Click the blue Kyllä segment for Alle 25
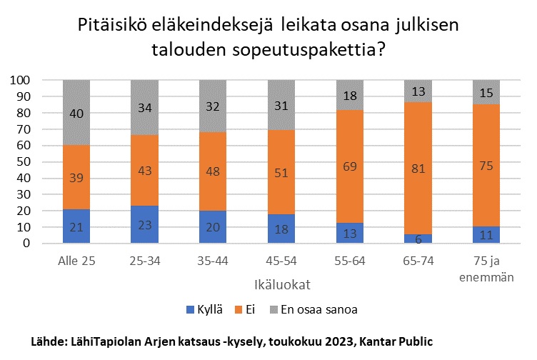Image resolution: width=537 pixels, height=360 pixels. pos(76,226)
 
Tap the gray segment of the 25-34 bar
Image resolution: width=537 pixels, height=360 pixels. pos(144,108)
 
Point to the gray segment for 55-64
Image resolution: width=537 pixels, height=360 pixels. pos(351,95)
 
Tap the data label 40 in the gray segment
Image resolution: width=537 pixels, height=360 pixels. pos(76,112)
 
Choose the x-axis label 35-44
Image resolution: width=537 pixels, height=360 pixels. pos(214,261)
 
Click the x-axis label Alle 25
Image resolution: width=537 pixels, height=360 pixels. pos(76,261)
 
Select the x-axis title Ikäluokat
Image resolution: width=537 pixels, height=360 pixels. pos(281,285)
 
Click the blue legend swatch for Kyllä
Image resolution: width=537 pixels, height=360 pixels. pos(189,310)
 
